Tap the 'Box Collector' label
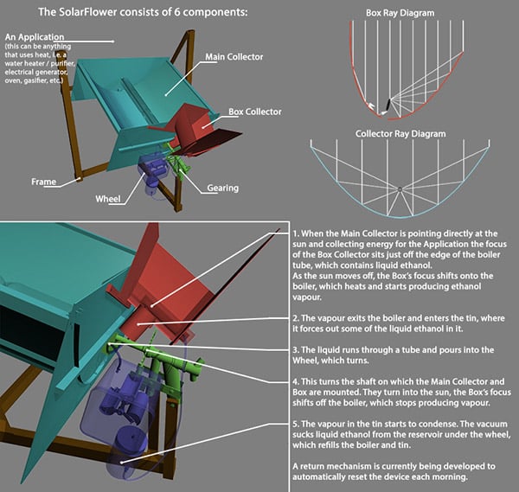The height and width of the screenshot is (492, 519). point(255,112)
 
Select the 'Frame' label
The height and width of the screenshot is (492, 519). point(44,182)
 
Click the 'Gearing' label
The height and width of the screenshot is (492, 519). point(222,188)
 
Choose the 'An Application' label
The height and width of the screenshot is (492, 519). point(34,38)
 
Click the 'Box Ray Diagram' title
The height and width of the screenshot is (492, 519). point(400,13)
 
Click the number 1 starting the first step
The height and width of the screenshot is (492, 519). point(295,233)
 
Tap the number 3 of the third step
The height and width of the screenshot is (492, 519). point(296,349)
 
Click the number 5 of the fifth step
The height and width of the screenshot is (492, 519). point(296,424)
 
